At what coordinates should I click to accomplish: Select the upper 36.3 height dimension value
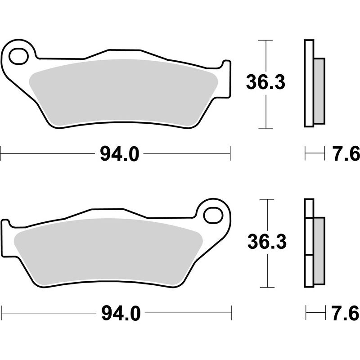click(265, 83)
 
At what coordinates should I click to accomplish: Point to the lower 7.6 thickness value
click(346, 312)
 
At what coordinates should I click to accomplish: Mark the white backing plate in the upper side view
click(309, 83)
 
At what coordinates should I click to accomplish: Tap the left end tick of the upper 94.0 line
click(1, 153)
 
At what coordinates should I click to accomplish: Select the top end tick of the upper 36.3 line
click(267, 40)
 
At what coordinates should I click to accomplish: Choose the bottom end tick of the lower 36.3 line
click(267, 287)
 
